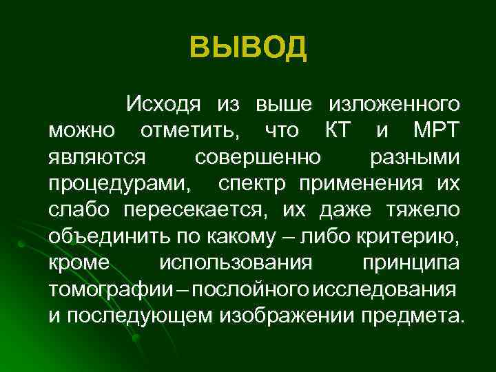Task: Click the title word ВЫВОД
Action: [x=248, y=48]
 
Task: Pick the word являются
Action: [x=97, y=158]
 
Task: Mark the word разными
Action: [x=415, y=158]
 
